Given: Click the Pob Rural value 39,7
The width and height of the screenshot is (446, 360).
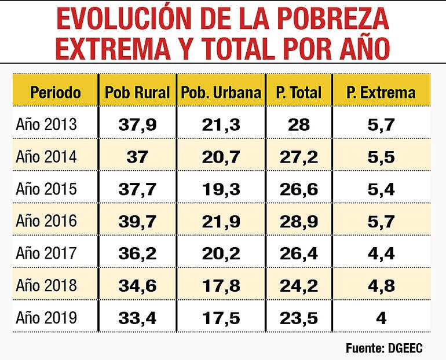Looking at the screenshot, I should [137, 221].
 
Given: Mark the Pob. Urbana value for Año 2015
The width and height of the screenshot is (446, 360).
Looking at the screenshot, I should [221, 189].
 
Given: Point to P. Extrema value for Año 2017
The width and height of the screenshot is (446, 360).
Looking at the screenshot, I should [381, 253].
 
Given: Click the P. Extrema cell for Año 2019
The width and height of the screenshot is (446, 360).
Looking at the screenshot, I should [381, 317].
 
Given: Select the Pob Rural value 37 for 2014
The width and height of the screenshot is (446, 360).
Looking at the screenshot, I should [137, 157].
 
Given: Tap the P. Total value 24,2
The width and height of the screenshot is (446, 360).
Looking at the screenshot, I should [298, 285].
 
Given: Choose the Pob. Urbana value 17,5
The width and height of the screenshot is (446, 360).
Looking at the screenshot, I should [221, 317].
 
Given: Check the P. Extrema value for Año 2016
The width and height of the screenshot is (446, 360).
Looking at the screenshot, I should [381, 221].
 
